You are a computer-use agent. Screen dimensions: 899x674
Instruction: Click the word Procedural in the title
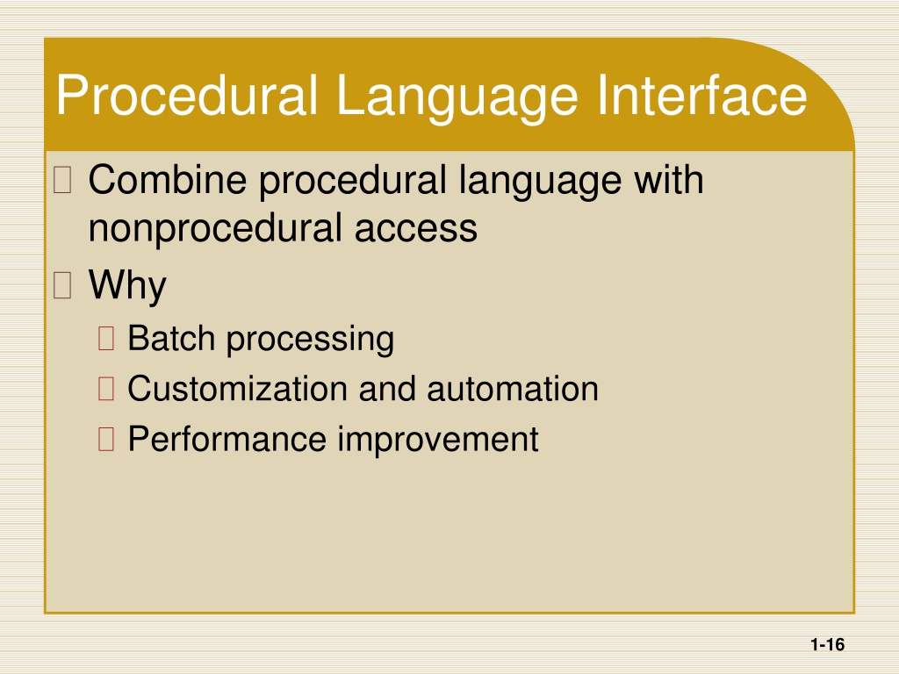click(x=187, y=95)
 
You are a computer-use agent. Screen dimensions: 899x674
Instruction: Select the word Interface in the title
click(x=701, y=95)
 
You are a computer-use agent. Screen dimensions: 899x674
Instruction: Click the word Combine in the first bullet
click(x=168, y=180)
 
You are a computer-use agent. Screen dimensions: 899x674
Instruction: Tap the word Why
click(x=127, y=285)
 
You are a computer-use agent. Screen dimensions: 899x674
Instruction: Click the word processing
click(x=310, y=341)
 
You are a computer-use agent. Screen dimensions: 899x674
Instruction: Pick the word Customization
click(x=237, y=389)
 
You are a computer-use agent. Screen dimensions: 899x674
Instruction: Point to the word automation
click(x=513, y=389)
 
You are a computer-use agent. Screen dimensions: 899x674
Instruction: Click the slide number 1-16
click(x=827, y=645)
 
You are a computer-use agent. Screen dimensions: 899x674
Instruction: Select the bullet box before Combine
click(x=62, y=179)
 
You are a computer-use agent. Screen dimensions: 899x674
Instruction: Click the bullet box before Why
click(x=62, y=285)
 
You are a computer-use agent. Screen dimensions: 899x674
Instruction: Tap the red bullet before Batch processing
click(x=106, y=338)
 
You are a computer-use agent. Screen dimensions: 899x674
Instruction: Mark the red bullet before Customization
click(x=106, y=389)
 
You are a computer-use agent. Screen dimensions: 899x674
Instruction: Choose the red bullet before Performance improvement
click(x=106, y=439)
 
